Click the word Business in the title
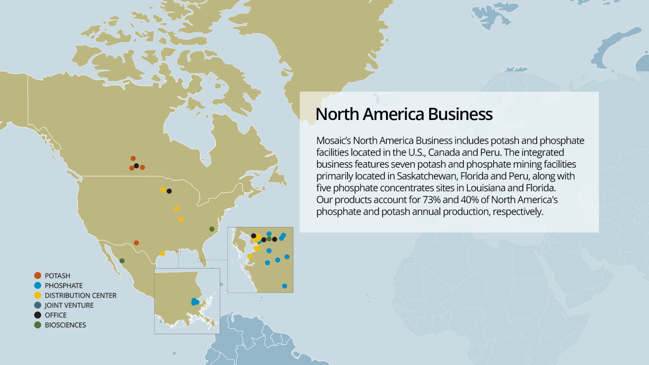click(460, 114)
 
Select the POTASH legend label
click(57, 276)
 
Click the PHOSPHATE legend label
click(64, 286)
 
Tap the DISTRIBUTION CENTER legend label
click(80, 295)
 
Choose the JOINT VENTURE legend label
click(69, 305)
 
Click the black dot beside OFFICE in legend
click(38, 315)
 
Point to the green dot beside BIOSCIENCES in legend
click(38, 325)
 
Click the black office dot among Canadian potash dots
click(136, 166)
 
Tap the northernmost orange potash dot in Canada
click(133, 158)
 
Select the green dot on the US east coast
click(212, 229)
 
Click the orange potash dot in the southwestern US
click(136, 243)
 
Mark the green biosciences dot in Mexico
click(122, 261)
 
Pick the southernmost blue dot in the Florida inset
click(284, 286)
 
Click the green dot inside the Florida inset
click(269, 239)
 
